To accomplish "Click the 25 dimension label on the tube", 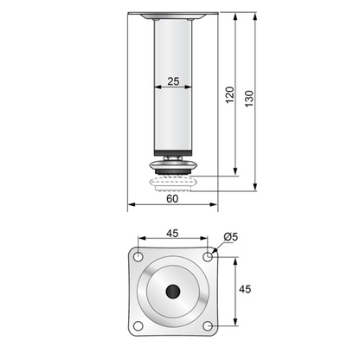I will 173,81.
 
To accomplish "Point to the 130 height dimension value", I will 251,100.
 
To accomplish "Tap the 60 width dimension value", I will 172,198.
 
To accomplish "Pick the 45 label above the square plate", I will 173,232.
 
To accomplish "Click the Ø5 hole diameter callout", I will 230,235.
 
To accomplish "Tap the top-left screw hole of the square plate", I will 139,256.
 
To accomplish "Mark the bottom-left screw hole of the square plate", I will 139,325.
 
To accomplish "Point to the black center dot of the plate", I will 174,291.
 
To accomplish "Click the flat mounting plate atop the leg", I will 172,16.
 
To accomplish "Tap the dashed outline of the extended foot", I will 172,183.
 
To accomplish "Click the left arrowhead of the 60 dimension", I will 131,206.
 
